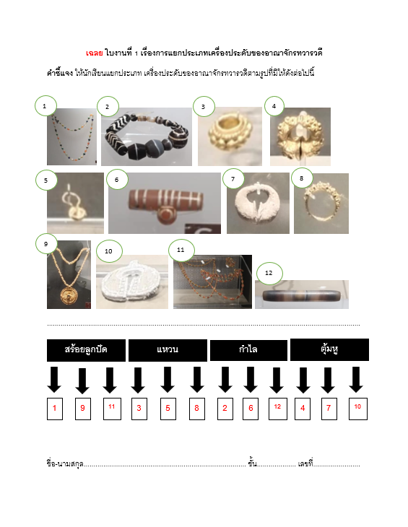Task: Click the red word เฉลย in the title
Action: pyautogui.click(x=94, y=53)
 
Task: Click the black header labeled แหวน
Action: pyautogui.click(x=168, y=350)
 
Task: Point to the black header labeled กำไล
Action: pyautogui.click(x=248, y=350)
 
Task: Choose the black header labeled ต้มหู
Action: pyautogui.click(x=329, y=349)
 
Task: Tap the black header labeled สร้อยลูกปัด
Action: pyautogui.click(x=86, y=350)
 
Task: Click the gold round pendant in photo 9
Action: pyautogui.click(x=69, y=296)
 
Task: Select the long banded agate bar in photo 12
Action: pyautogui.click(x=302, y=295)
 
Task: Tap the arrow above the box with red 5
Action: pyautogui.click(x=168, y=380)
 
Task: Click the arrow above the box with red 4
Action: pyautogui.click(x=303, y=380)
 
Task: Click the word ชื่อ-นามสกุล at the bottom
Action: pyautogui.click(x=65, y=463)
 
